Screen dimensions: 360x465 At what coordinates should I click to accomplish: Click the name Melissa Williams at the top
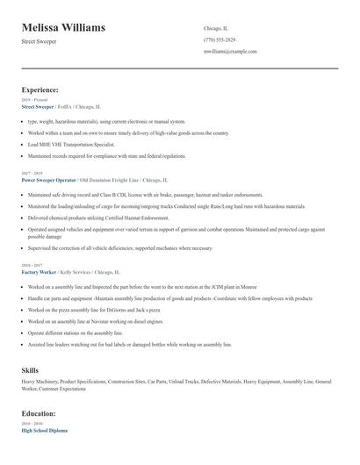tap(63, 27)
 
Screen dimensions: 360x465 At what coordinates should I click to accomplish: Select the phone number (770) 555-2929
tap(219, 40)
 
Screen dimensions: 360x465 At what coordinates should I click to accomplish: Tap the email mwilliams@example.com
tap(230, 52)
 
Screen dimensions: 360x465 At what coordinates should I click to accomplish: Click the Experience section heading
tap(40, 89)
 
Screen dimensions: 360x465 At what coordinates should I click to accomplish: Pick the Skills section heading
tap(31, 370)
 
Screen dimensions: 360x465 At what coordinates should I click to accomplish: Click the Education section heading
tap(39, 412)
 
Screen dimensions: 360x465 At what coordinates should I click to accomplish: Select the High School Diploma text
tap(44, 430)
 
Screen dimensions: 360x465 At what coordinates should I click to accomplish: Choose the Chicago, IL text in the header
tap(216, 27)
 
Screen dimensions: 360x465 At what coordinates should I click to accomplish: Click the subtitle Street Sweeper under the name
tap(39, 41)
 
